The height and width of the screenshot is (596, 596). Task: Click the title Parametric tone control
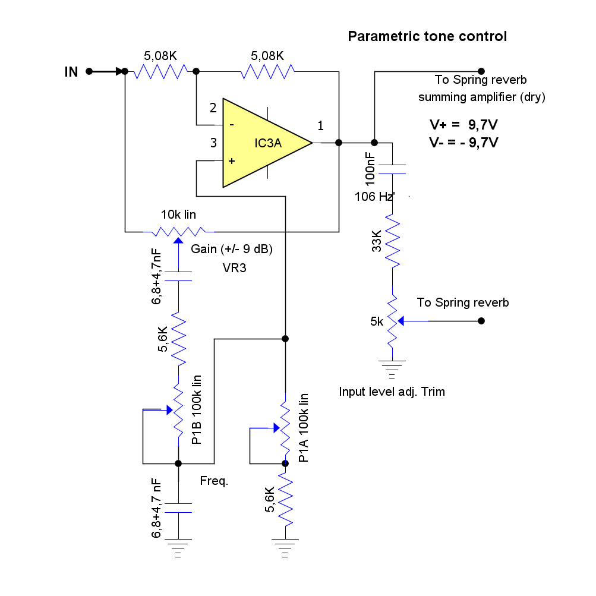click(x=427, y=36)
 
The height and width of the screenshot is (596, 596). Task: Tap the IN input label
click(x=71, y=72)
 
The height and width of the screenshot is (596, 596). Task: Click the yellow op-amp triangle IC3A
click(x=261, y=143)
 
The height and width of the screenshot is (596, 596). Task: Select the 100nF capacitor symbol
click(x=392, y=169)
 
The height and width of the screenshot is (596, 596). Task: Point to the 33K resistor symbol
click(x=392, y=241)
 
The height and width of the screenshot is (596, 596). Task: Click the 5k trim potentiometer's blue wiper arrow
click(x=403, y=321)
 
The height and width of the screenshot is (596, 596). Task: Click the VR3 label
click(x=235, y=268)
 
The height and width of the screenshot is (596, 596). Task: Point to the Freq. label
click(x=214, y=481)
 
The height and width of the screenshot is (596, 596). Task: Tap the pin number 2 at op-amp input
click(x=213, y=108)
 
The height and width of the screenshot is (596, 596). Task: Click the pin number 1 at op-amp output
click(x=321, y=125)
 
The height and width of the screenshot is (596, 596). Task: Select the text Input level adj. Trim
click(x=392, y=392)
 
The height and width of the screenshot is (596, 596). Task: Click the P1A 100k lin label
click(x=304, y=428)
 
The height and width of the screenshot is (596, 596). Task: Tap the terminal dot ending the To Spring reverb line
click(x=481, y=321)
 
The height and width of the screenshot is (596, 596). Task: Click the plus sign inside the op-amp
click(x=232, y=161)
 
